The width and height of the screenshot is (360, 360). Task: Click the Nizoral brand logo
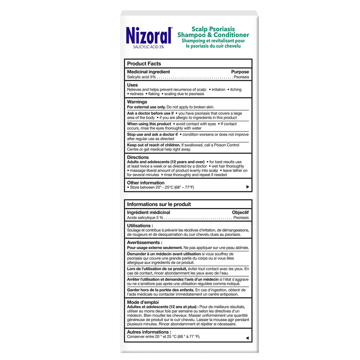[149, 35]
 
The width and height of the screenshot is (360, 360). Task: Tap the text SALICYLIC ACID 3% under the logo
[149, 47]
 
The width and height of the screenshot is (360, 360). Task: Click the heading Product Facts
[144, 64]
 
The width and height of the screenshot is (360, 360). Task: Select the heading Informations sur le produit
[159, 204]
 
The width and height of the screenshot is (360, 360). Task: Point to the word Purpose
[240, 72]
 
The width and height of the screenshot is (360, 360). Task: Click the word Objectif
[240, 213]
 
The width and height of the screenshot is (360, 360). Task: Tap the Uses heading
[133, 85]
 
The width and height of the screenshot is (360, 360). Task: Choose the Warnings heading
[137, 102]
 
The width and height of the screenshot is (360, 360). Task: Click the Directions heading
[138, 157]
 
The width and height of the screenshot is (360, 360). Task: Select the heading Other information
[146, 183]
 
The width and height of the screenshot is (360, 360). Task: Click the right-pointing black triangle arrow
[248, 187]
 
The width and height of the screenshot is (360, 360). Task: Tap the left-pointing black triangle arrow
[247, 338]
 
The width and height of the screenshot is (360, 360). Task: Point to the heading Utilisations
[140, 225]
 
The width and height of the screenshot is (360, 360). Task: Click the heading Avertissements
[145, 243]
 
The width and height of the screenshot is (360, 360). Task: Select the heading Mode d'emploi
[143, 302]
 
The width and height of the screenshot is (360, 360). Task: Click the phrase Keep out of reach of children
[153, 145]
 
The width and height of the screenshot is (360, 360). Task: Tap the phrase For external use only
[146, 107]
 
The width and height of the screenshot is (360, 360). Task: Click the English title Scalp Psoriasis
[213, 29]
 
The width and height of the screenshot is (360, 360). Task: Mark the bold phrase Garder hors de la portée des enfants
[161, 290]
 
